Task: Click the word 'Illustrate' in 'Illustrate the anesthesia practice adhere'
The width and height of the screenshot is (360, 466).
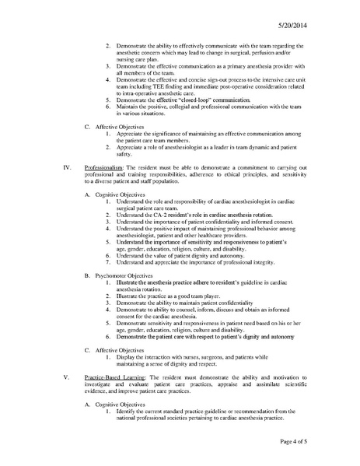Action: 131,258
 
